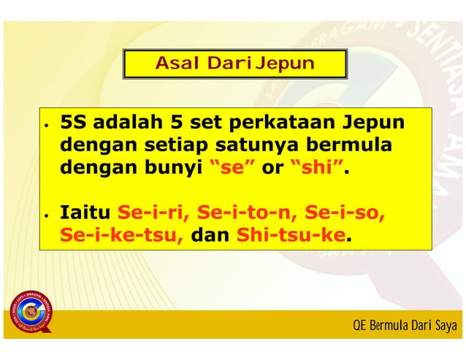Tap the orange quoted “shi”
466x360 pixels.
[x=316, y=168]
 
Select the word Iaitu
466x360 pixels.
[x=84, y=214]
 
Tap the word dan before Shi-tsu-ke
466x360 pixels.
[x=210, y=237]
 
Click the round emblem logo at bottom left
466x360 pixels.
[x=29, y=311]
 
